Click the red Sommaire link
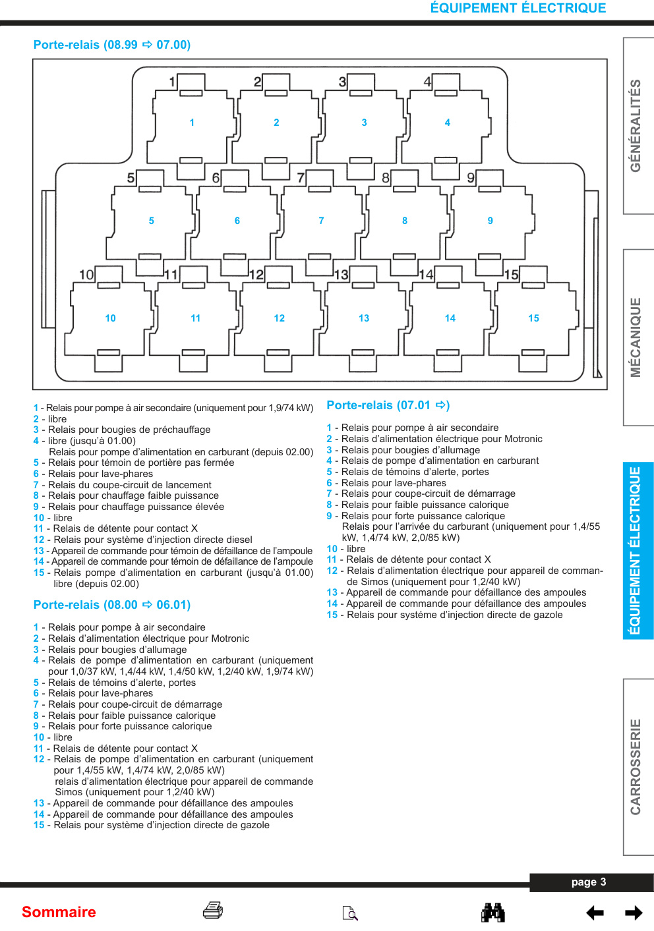click(x=59, y=912)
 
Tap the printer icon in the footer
click(x=213, y=910)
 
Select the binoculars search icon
click(x=493, y=913)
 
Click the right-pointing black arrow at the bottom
click(x=634, y=913)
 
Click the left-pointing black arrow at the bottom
click(x=595, y=913)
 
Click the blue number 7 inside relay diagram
click(x=321, y=221)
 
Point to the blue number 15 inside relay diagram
click(x=533, y=318)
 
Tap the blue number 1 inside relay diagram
click(x=192, y=123)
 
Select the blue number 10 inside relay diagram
click(x=110, y=318)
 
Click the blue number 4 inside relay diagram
click(x=448, y=123)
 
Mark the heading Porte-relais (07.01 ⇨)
click(x=388, y=405)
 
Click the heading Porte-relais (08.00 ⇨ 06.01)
click(x=112, y=605)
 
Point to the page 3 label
click(x=588, y=882)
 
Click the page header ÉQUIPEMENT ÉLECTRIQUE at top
click(x=518, y=8)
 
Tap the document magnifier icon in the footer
click(x=350, y=913)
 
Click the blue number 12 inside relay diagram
click(x=279, y=318)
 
